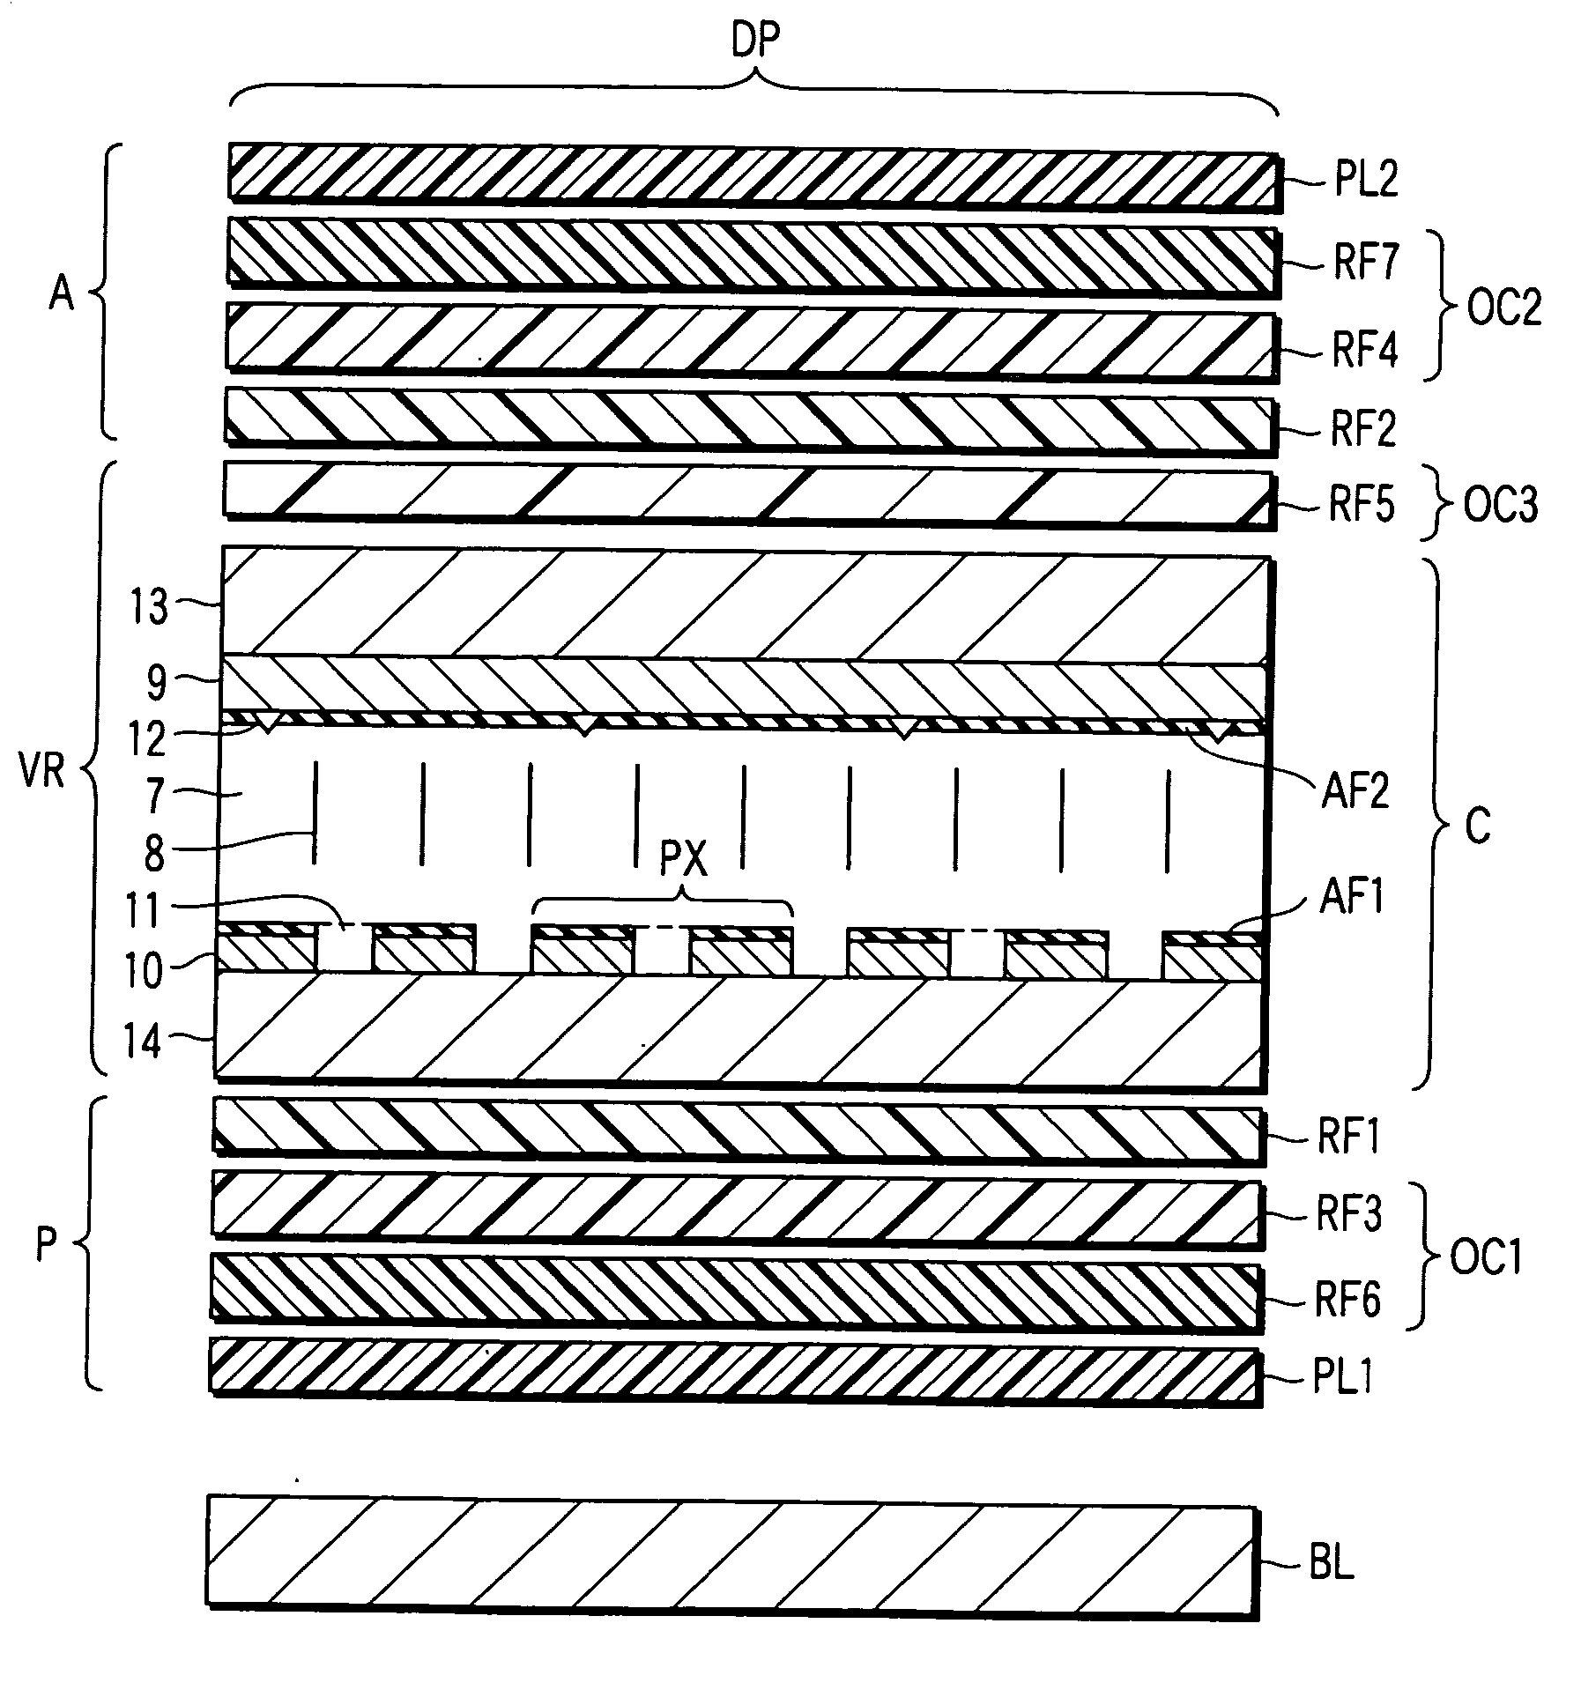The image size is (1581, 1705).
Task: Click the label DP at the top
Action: (756, 41)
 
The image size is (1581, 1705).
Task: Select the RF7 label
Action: (1366, 263)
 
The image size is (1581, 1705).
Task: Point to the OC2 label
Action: (1504, 308)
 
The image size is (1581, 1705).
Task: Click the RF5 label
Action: (1362, 506)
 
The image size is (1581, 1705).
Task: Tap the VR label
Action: (41, 773)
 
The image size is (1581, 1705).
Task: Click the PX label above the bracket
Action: (684, 858)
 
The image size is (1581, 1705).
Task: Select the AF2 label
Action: (1355, 790)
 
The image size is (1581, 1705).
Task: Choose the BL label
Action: (1331, 1566)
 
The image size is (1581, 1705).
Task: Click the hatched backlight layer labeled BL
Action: (731, 1561)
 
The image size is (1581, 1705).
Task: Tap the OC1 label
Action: (1487, 1257)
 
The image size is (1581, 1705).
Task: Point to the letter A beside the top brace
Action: (61, 293)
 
